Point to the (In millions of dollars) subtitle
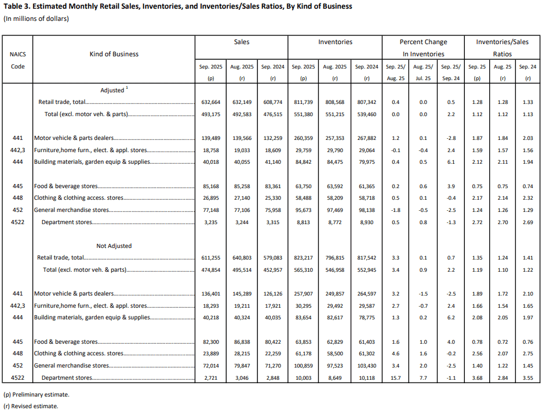[37, 19]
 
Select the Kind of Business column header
[114, 54]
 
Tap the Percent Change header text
[423, 42]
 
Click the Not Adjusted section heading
[114, 246]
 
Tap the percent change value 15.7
[395, 378]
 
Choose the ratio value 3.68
[476, 378]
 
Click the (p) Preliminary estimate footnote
[36, 394]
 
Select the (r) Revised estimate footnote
[31, 406]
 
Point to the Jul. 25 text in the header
[423, 67]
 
